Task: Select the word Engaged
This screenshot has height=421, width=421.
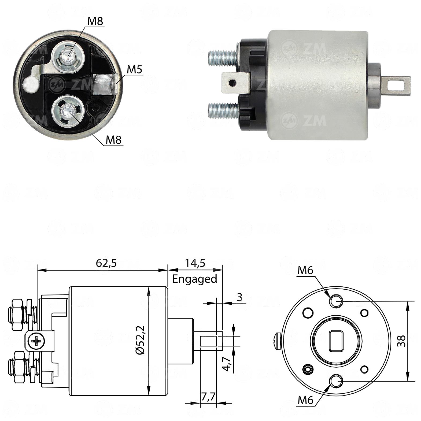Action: (x=194, y=279)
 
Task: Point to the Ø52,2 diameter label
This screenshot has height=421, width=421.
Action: (x=140, y=340)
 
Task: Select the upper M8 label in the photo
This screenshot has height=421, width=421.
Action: (x=95, y=21)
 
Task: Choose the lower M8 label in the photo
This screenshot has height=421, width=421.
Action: (x=114, y=140)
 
